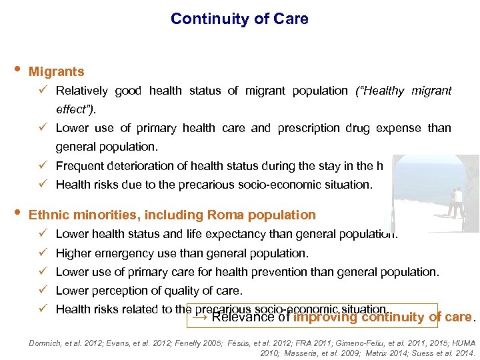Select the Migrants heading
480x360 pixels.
click(57, 71)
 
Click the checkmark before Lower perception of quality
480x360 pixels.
click(42, 291)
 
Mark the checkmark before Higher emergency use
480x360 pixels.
click(42, 253)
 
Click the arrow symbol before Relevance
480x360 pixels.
click(199, 317)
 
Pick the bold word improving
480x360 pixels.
click(326, 317)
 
